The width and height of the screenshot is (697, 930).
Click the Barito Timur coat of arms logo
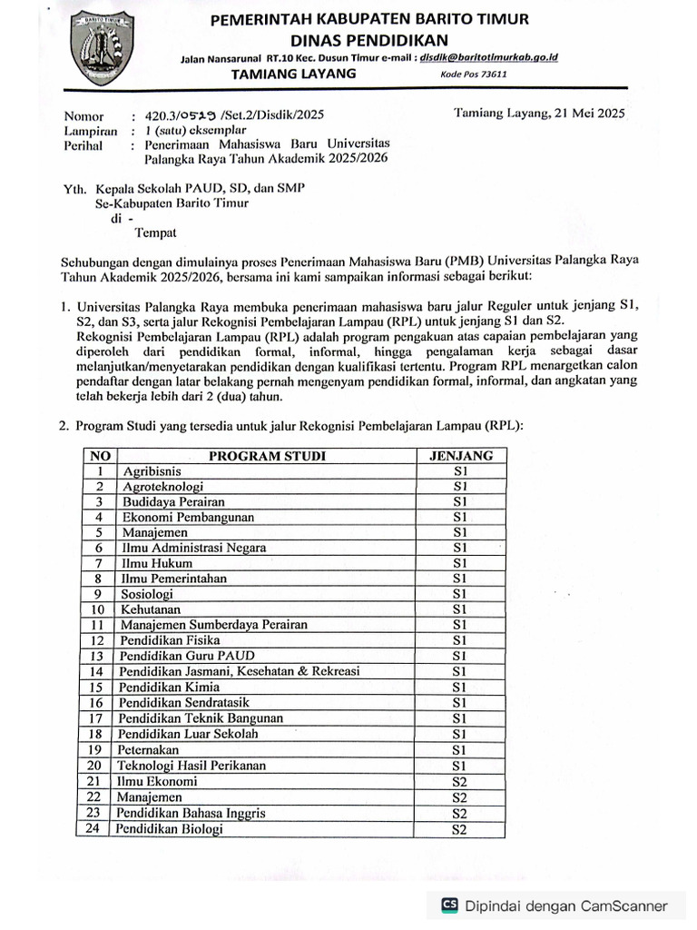[103, 47]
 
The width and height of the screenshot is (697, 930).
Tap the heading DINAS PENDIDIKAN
[368, 39]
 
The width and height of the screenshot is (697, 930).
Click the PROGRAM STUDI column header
[267, 456]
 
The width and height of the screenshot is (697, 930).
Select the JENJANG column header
[460, 456]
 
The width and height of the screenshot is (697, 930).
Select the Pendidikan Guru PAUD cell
[187, 655]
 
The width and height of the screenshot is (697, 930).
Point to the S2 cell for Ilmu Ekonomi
[459, 781]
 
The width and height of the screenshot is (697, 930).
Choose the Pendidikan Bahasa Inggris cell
[191, 813]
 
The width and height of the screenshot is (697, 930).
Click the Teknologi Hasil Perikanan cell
[192, 766]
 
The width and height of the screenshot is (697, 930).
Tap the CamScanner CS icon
[449, 905]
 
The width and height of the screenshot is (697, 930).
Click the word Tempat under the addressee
[156, 232]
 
